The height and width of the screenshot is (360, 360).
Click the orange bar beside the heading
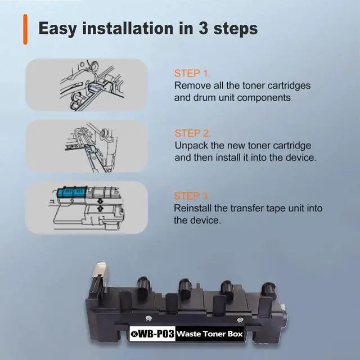coord(25,29)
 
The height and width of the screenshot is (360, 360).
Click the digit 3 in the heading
coord(203,28)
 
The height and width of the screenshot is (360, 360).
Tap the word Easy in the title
coord(57,29)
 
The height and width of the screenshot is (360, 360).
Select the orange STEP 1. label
coord(192,74)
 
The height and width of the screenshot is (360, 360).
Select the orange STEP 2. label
coord(192,133)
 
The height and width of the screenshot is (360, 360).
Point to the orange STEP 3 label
coord(191,196)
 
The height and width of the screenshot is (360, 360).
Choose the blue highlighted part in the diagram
coord(72,192)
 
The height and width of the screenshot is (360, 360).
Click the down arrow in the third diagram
coord(100,201)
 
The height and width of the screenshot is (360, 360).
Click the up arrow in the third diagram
coord(101,209)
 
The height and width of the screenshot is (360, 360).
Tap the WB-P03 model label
coord(156,334)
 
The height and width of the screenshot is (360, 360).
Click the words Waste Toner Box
coord(210,334)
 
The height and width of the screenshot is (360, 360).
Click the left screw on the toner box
coord(148,318)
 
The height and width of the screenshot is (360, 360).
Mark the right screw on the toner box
coord(240,320)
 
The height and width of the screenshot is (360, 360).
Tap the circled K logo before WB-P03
coord(134,334)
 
